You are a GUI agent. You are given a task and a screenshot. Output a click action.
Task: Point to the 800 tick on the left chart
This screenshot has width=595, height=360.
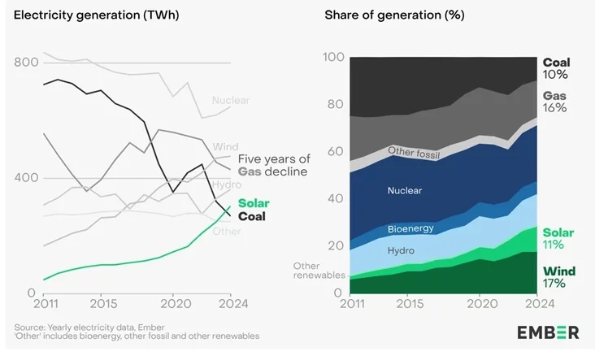tap(26, 63)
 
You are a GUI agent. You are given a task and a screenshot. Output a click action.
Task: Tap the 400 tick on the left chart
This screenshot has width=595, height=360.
tap(26, 178)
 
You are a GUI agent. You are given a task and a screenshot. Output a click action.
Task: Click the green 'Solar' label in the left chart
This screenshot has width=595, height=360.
tap(254, 203)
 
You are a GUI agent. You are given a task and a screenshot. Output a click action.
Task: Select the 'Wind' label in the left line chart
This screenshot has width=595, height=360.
tap(225, 147)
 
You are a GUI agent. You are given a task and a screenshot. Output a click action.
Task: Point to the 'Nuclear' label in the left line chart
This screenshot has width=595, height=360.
tap(230, 100)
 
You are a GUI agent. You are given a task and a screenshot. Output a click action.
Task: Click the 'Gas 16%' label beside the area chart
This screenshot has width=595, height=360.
tap(555, 102)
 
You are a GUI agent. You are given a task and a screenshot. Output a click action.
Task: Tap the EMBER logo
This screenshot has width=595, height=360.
tap(548, 332)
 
